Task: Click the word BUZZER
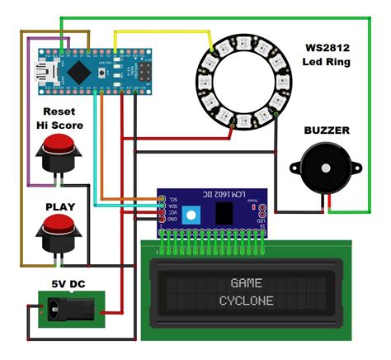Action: coord(327,130)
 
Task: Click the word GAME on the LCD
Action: coord(245,282)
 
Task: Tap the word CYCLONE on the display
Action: coord(246,301)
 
